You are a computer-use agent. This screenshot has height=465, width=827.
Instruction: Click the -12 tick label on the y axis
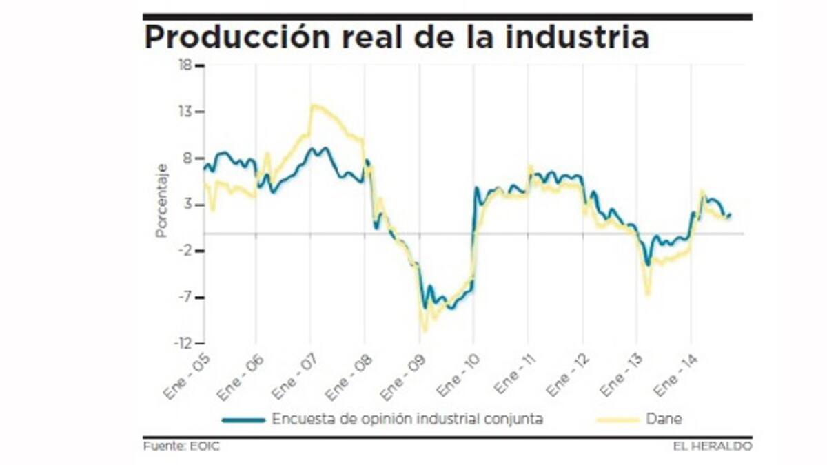point(184,344)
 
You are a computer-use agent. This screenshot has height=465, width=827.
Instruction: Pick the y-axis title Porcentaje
point(161,200)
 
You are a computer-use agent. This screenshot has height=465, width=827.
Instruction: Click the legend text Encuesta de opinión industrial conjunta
point(407,419)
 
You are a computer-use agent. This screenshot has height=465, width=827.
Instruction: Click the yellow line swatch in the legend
point(615,419)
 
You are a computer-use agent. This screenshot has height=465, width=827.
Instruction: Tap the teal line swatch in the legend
point(243,419)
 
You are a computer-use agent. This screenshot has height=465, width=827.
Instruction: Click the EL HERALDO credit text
point(713,446)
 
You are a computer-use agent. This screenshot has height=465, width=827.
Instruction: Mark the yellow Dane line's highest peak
point(314,105)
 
